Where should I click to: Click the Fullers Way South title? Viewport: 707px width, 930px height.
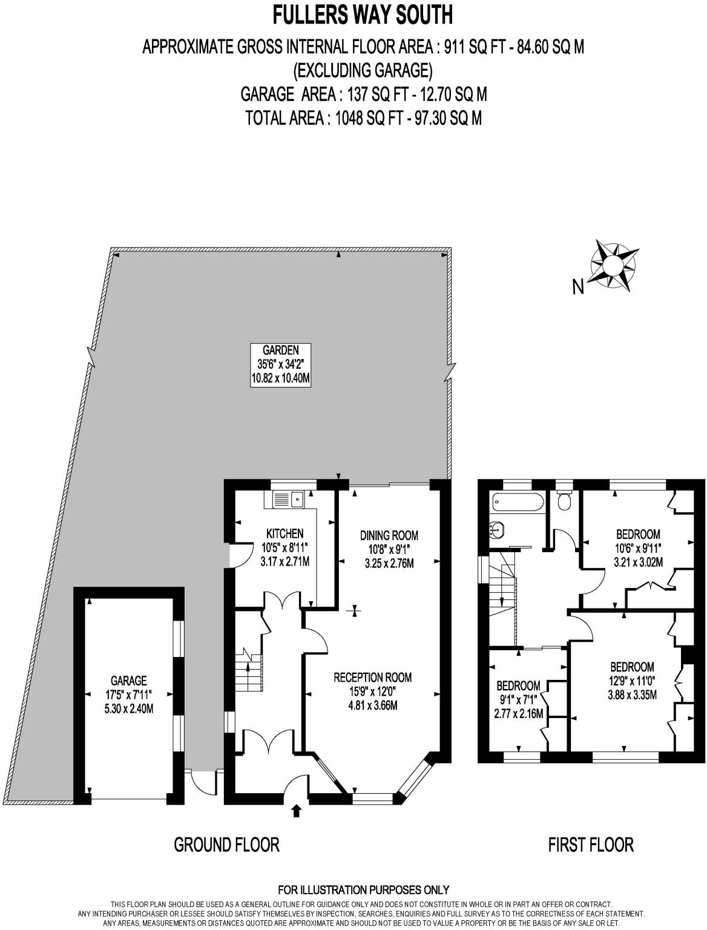point(363,15)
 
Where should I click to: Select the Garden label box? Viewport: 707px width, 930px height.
point(281,365)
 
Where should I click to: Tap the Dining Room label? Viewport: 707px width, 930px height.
point(389,549)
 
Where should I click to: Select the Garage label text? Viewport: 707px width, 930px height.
point(128,694)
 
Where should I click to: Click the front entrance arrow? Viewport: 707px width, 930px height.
point(296,811)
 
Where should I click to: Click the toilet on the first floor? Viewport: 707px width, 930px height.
point(564,500)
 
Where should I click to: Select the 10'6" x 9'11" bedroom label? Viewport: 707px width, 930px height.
point(638,548)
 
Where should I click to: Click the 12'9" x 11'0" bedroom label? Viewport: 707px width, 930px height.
point(632,681)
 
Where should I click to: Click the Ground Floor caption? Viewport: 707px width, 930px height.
point(226,844)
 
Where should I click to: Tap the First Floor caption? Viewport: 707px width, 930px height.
point(590,844)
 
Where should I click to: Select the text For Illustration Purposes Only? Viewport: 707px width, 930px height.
point(363,889)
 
